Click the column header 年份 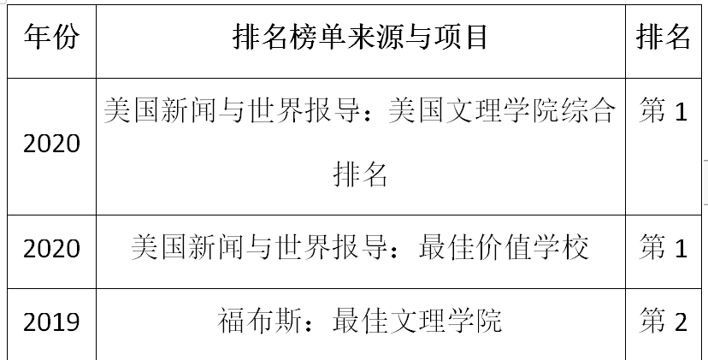coord(51,37)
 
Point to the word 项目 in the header coord(461,37)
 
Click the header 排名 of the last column coord(664,37)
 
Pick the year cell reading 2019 coord(51,322)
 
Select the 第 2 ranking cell coord(664,322)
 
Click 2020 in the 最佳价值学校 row coord(51,249)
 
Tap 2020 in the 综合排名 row coord(51,145)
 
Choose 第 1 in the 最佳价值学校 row coord(664,247)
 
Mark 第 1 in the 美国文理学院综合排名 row coord(664,110)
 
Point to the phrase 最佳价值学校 coord(504,247)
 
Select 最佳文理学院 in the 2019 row coord(417,321)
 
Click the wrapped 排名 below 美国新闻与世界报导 coord(360,174)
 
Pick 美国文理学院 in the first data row coord(474,110)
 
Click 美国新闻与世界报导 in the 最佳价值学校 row coord(259,247)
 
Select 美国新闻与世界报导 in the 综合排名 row coord(232,110)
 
